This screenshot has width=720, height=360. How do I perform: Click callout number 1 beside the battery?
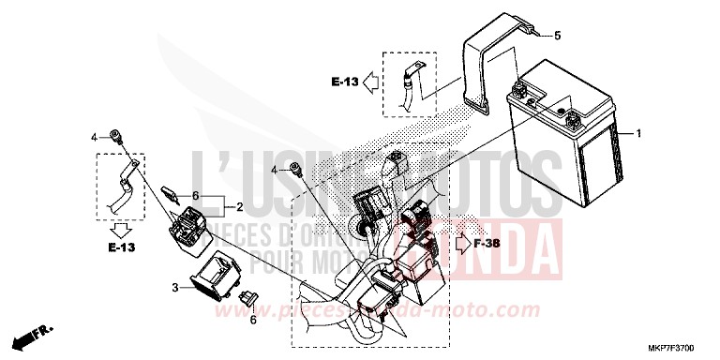pyautogui.click(x=638, y=134)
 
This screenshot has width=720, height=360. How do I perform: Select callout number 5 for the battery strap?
pyautogui.click(x=557, y=37)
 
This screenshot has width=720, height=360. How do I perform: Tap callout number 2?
pyautogui.click(x=240, y=206)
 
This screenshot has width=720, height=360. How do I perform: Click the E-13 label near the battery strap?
pyautogui.click(x=345, y=82)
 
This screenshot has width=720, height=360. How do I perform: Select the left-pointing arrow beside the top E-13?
pyautogui.click(x=372, y=82)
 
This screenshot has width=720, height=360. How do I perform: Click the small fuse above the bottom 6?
pyautogui.click(x=248, y=300)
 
